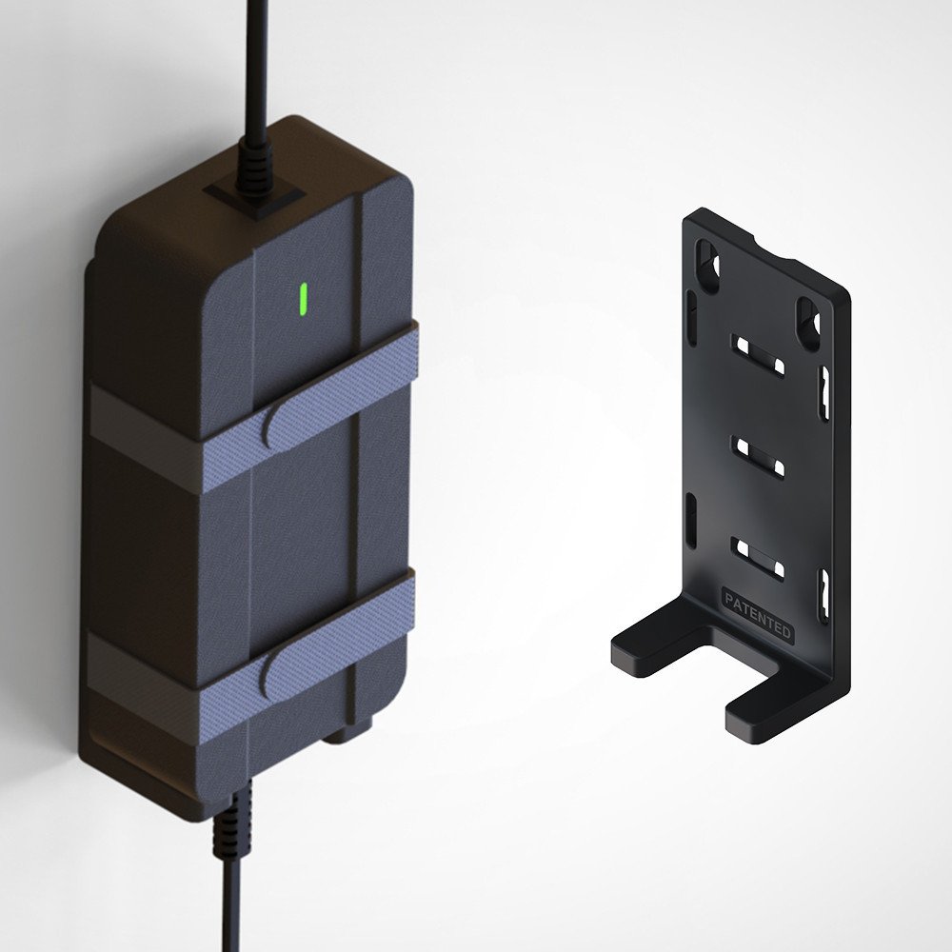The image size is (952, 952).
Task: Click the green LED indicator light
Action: (303, 298)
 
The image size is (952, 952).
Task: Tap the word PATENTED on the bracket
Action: (757, 616)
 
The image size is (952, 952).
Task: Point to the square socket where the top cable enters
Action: (253, 198)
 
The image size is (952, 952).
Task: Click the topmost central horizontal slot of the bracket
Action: (758, 355)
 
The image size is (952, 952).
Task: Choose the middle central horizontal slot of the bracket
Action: (758, 456)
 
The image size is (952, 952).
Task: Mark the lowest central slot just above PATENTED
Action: (758, 559)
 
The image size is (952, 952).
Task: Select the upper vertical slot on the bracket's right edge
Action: (824, 393)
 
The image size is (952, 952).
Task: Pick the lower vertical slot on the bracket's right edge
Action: (824, 595)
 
